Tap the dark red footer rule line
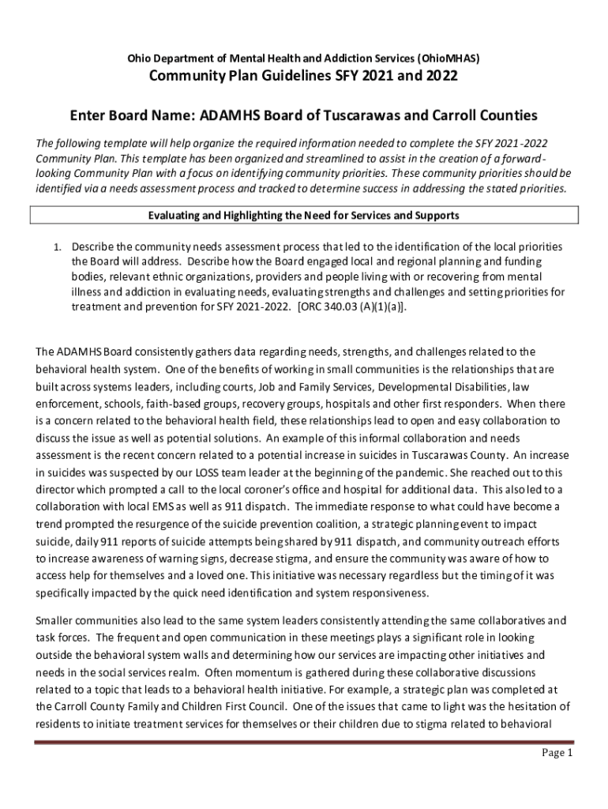tap(304, 742)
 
